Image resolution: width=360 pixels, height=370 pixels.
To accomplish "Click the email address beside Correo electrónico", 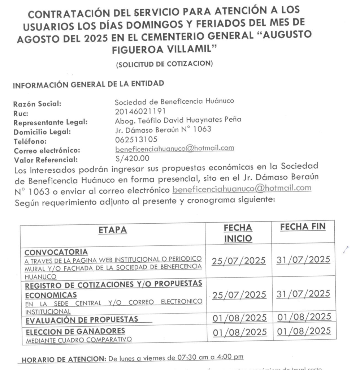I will [174, 148].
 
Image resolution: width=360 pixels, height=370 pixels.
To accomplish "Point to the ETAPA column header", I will [112, 230].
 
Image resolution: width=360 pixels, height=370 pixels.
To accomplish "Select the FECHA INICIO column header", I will [238, 233].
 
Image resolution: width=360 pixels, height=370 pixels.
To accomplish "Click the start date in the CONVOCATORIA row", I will [238, 261].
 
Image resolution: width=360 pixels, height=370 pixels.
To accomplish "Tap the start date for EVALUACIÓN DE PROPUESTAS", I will [238, 318].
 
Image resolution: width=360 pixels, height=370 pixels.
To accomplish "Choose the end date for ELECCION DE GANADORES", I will [303, 332].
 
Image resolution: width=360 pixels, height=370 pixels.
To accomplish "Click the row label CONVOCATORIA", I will [56, 251].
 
